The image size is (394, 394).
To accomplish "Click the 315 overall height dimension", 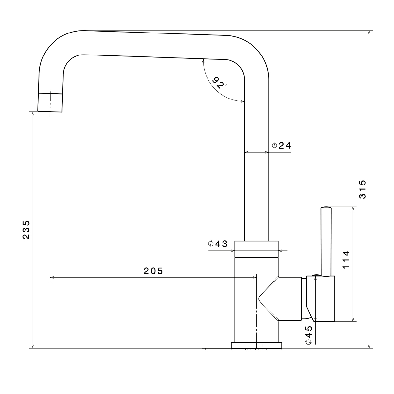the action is click(362, 189).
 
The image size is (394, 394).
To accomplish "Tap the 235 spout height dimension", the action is click(26, 230).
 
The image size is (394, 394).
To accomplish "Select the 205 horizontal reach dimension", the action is click(153, 271).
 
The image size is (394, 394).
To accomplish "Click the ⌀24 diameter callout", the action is click(281, 145).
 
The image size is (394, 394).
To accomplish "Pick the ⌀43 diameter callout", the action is click(218, 244).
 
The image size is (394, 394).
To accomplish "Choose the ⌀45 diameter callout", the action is click(309, 335).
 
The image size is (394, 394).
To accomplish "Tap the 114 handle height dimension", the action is click(346, 260).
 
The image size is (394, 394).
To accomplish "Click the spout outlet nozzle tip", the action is click(50, 102).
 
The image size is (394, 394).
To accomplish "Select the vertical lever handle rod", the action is click(326, 241).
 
